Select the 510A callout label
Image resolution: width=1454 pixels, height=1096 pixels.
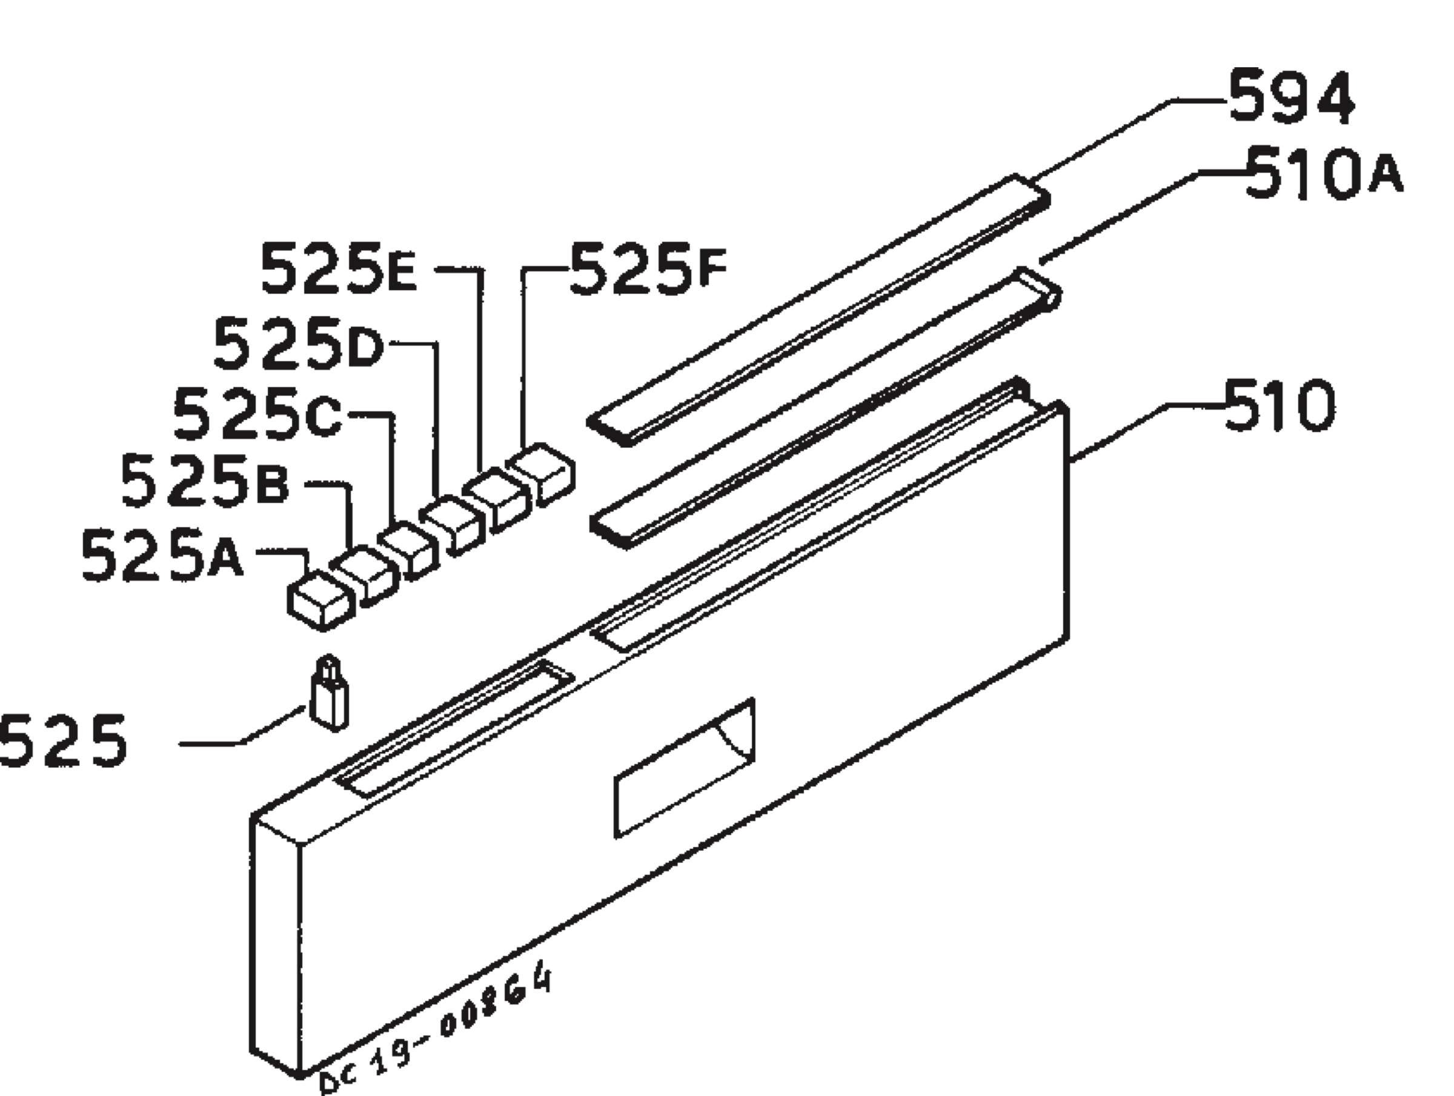pyautogui.click(x=1323, y=175)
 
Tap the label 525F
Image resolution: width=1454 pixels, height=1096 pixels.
pyautogui.click(x=648, y=269)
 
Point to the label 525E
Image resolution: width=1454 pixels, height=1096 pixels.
pyautogui.click(x=339, y=269)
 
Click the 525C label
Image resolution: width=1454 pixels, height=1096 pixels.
pyautogui.click(x=257, y=415)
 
